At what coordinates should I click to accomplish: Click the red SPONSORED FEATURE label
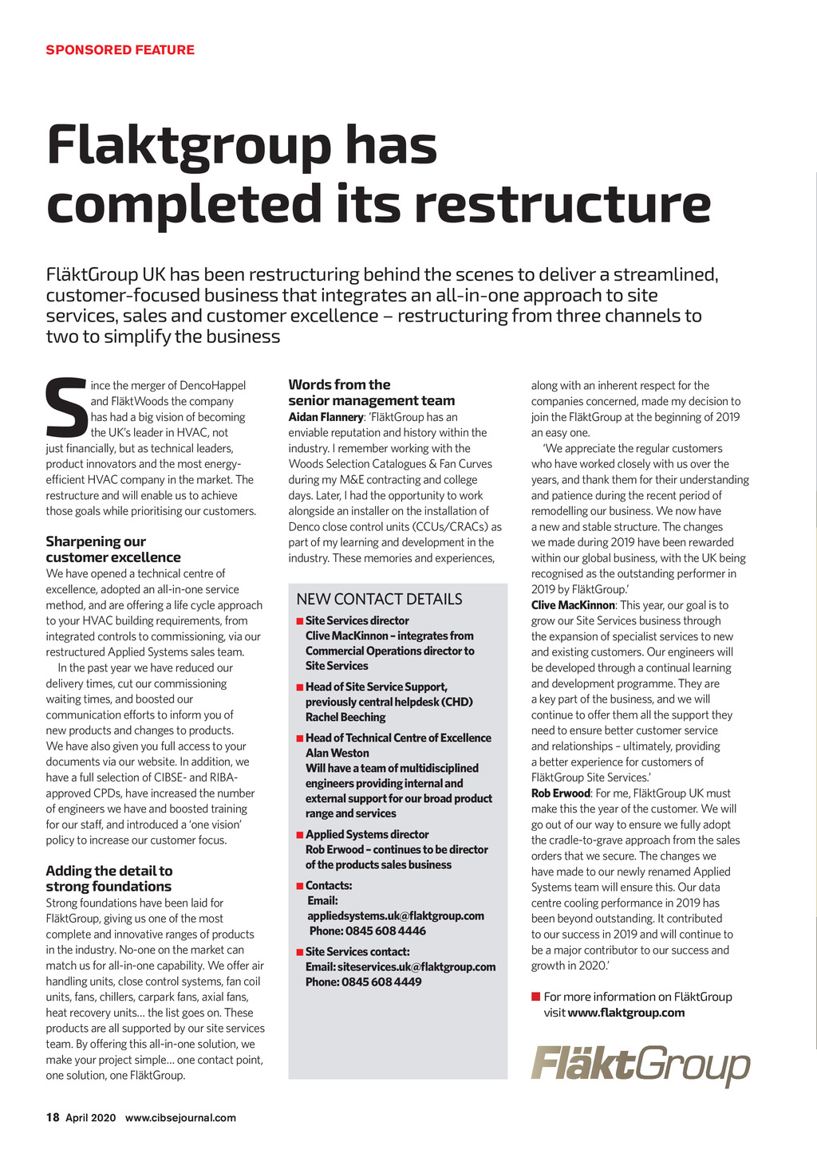click(x=120, y=49)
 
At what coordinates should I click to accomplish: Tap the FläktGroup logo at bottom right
click(x=641, y=1064)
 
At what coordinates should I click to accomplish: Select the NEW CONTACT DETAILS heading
click(x=379, y=599)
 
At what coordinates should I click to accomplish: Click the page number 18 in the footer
click(x=53, y=1117)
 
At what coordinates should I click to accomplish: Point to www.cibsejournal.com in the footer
click(x=180, y=1117)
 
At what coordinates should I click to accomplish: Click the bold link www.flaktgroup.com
click(x=626, y=1013)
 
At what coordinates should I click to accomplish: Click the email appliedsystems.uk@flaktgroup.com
click(x=396, y=915)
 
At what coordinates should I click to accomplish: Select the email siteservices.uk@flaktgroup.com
click(x=416, y=966)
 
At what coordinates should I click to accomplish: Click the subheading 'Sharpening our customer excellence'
click(x=112, y=549)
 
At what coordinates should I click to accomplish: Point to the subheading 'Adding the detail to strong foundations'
click(x=109, y=879)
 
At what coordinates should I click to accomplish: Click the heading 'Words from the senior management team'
click(x=371, y=392)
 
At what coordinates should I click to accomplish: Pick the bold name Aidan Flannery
click(x=326, y=417)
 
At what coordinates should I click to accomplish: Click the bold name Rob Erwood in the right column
click(x=560, y=793)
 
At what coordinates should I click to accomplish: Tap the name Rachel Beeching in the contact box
click(x=345, y=717)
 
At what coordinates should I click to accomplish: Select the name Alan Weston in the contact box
click(x=337, y=753)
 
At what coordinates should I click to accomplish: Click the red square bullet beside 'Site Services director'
click(x=299, y=621)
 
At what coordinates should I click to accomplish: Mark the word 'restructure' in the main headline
click(x=562, y=203)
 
